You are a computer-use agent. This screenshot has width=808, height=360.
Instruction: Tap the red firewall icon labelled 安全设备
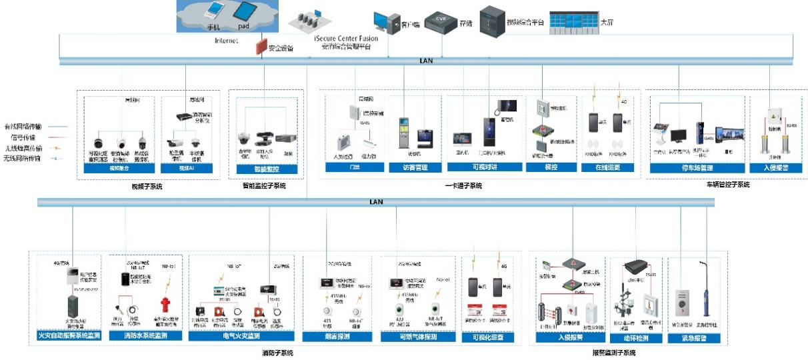[x=260, y=47]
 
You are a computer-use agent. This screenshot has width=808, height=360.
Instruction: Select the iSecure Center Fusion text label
[x=346, y=39]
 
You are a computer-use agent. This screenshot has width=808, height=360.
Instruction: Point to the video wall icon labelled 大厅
[x=573, y=21]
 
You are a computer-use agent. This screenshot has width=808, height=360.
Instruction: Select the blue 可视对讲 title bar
[x=485, y=167]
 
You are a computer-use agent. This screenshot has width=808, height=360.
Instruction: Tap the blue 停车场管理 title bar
[x=697, y=168]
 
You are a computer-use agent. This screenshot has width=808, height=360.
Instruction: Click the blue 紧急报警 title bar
[x=693, y=338]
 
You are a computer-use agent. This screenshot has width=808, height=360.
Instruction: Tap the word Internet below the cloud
[x=226, y=41]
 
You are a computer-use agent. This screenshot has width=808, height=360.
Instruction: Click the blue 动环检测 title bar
[x=636, y=338]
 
